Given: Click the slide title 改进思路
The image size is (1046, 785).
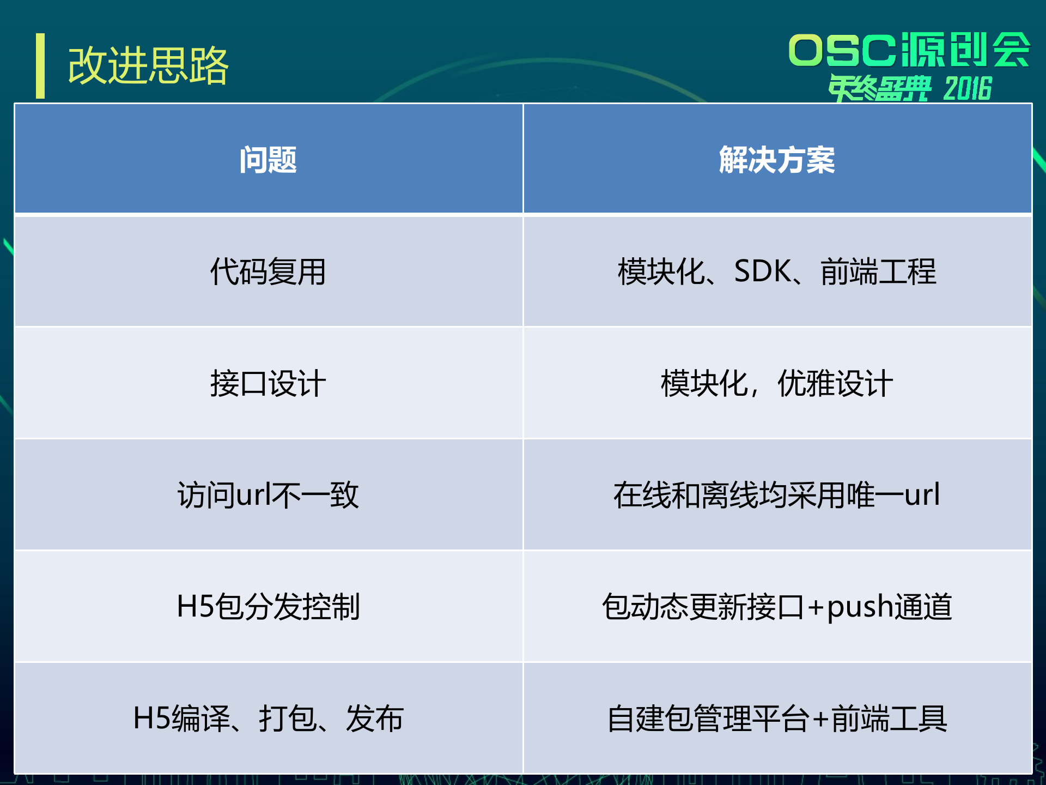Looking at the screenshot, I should (148, 65).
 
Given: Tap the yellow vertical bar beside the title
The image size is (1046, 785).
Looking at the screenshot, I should (40, 66).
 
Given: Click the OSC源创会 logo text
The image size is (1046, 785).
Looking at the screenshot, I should (909, 50).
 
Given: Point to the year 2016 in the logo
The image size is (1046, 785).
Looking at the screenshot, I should (968, 89).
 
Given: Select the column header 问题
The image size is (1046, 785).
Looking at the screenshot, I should (268, 160).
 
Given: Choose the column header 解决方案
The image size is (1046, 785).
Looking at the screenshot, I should (777, 160).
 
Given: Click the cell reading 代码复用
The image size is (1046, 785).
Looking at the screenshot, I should (268, 271).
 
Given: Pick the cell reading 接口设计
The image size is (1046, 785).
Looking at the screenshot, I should (268, 383).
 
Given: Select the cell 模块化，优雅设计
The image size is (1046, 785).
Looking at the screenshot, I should (777, 383).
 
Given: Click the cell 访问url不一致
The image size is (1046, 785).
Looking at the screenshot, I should (268, 495).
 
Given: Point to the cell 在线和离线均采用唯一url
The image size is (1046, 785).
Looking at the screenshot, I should (777, 495).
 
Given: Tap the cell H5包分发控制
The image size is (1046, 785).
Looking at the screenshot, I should (268, 606).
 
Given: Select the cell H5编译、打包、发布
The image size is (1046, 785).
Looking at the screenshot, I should (268, 718).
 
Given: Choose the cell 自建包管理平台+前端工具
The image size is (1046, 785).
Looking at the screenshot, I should (777, 718).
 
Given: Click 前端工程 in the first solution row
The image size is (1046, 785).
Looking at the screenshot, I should (878, 271).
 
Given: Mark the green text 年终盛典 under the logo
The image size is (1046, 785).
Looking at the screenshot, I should (879, 89).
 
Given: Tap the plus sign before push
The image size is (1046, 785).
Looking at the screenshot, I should (816, 607).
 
